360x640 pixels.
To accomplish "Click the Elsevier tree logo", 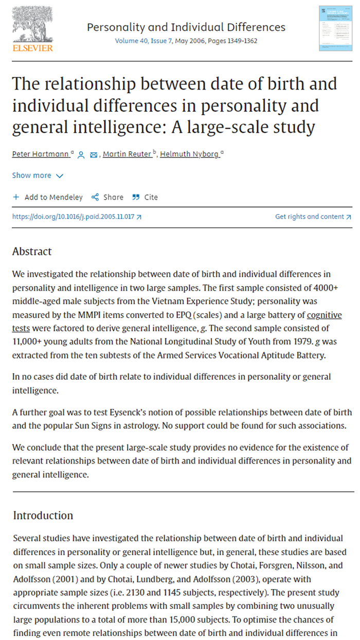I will (32, 26).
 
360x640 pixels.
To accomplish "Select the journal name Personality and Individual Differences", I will (186, 27).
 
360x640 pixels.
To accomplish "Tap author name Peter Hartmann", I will (41, 154).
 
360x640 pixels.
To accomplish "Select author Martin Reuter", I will (127, 154).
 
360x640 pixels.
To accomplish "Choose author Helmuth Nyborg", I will (190, 154).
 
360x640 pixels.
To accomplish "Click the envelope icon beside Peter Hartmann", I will (94, 154).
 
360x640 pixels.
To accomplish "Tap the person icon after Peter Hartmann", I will (81, 154).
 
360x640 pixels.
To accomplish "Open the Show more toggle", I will (38, 175).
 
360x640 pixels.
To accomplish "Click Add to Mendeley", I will (48, 197).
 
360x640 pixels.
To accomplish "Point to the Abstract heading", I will (32, 252).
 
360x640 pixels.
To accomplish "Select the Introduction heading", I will (43, 515).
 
